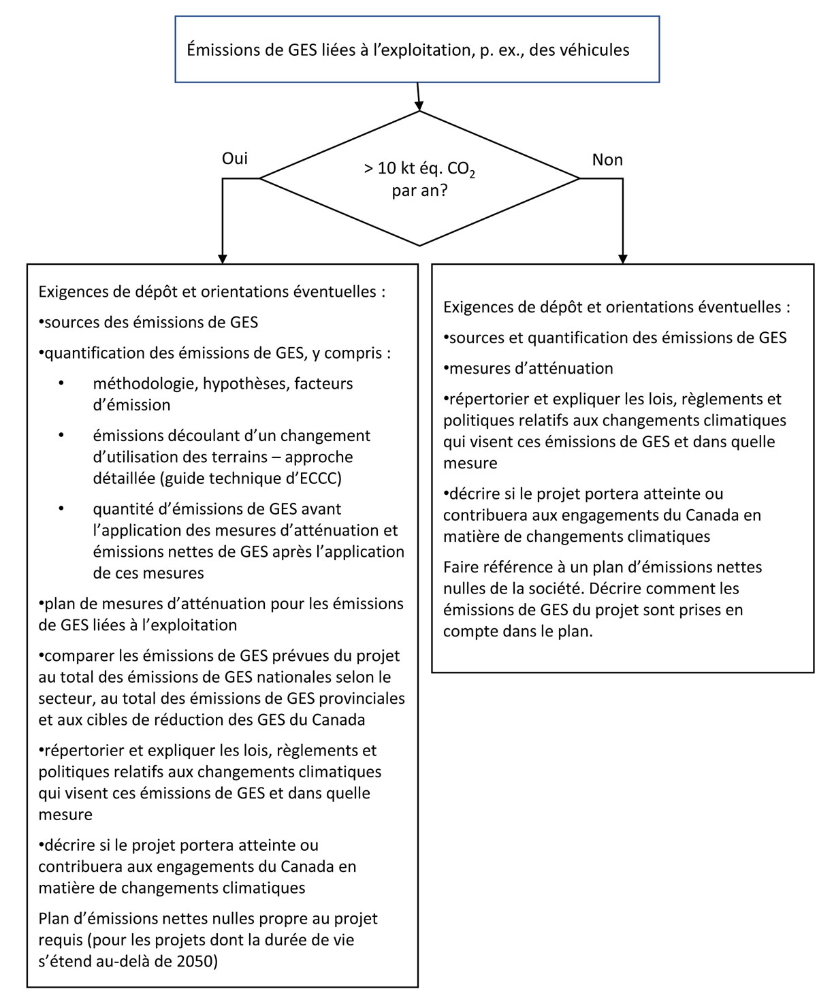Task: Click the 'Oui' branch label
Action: pyautogui.click(x=235, y=159)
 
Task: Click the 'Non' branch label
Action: pyautogui.click(x=607, y=160)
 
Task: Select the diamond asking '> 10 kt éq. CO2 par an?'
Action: pyautogui.click(x=419, y=179)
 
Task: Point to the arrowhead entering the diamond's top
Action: pyautogui.click(x=419, y=105)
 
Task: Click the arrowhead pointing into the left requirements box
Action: pyautogui.click(x=223, y=259)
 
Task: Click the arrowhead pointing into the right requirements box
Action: pyautogui.click(x=622, y=259)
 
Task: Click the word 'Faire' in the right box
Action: pyautogui.click(x=461, y=566)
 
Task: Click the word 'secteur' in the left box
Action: pyautogui.click(x=63, y=698)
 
